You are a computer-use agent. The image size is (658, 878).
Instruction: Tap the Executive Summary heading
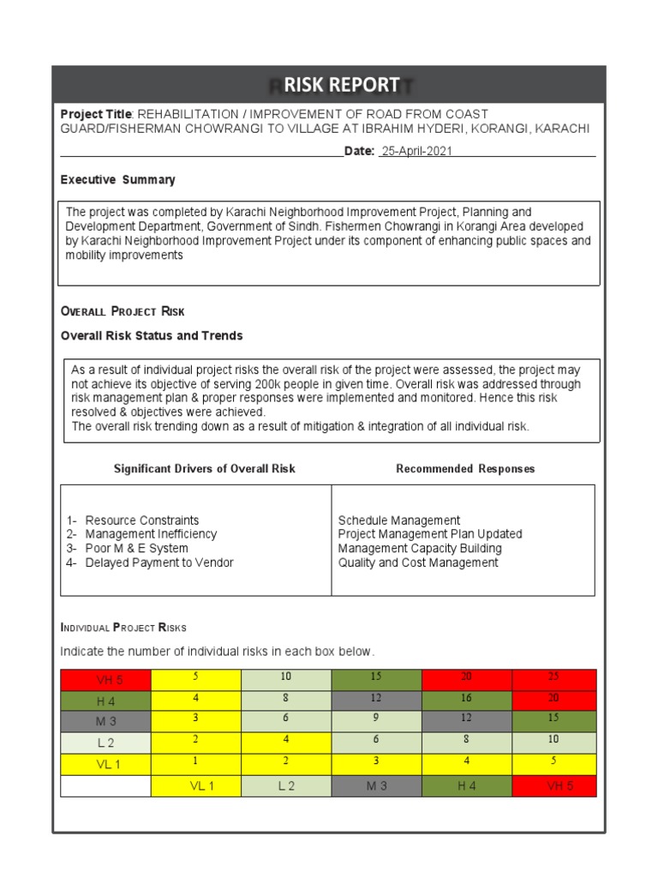pyautogui.click(x=117, y=180)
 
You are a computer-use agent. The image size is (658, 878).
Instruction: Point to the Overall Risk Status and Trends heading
pyautogui.click(x=152, y=335)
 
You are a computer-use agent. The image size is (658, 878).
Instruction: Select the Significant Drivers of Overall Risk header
pyautogui.click(x=204, y=469)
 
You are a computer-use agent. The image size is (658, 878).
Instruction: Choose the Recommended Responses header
pyautogui.click(x=465, y=469)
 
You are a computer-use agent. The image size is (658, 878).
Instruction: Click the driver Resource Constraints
pyautogui.click(x=141, y=520)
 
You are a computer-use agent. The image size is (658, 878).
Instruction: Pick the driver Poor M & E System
pyautogui.click(x=136, y=549)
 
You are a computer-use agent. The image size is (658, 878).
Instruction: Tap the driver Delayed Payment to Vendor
pyautogui.click(x=159, y=563)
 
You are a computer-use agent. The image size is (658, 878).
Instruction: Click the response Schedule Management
pyautogui.click(x=399, y=520)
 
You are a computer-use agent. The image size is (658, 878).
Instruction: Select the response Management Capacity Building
pyautogui.click(x=420, y=549)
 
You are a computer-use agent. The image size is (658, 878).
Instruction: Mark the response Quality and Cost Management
pyautogui.click(x=418, y=563)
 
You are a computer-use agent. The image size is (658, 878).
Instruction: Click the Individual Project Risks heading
pyautogui.click(x=123, y=628)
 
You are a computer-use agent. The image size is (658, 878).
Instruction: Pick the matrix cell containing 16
pyautogui.click(x=466, y=700)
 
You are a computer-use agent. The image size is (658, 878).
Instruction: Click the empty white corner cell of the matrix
pyautogui.click(x=105, y=786)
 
